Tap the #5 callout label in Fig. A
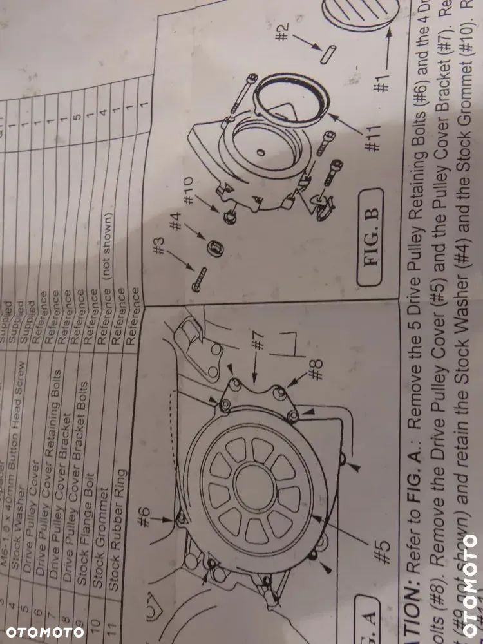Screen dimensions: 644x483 pyautogui.click(x=383, y=551)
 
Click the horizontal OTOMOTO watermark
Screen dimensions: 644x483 pyautogui.click(x=42, y=631)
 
